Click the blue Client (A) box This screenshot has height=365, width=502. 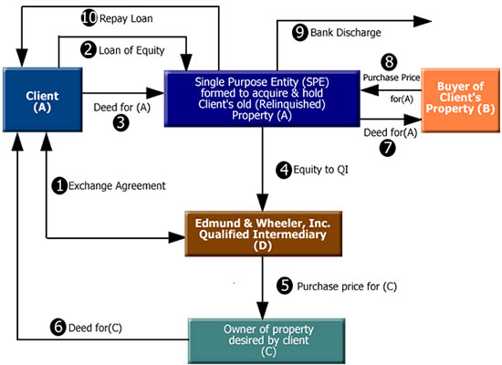43,99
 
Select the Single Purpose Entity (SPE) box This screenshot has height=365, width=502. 262,99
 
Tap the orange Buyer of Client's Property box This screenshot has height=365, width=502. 460,100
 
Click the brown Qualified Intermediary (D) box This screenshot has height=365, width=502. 263,234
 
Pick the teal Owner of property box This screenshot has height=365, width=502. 267,340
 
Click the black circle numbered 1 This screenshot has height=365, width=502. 59,186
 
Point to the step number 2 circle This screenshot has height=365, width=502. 88,50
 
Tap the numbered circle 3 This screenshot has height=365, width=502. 121,123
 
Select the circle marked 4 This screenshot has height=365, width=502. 284,170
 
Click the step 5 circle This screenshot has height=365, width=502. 285,286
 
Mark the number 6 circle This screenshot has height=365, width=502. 58,328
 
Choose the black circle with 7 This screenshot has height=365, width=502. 388,148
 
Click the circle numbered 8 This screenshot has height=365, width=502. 390,62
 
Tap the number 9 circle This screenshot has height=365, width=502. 300,32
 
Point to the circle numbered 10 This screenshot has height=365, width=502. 89,17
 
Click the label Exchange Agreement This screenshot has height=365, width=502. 117,186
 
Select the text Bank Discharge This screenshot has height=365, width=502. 346,33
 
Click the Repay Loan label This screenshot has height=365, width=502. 126,18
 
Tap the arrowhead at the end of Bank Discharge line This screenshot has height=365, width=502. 423,21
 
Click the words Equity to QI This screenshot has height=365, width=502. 320,170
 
